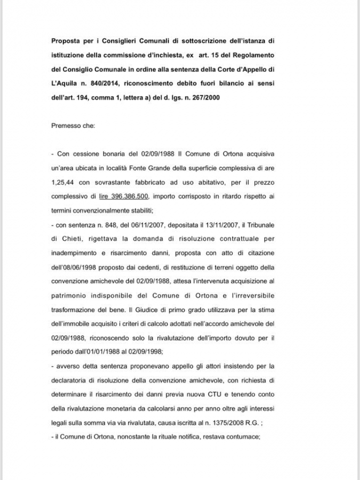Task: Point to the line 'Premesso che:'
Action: point(73,126)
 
